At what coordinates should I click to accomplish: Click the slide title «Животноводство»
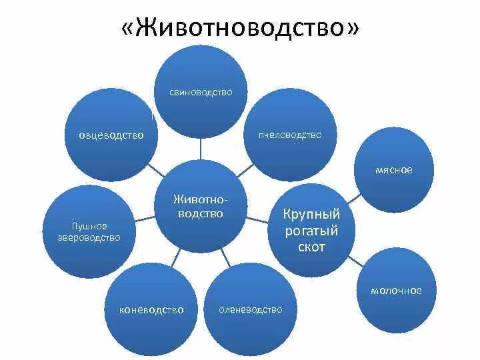click(240, 30)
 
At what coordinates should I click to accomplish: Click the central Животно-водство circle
click(199, 207)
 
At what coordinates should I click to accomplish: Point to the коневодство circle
click(151, 309)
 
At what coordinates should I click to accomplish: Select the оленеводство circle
click(250, 309)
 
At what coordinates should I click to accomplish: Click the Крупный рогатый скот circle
click(311, 230)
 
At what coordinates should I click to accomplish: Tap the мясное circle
click(393, 170)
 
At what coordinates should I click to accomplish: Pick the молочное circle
click(396, 291)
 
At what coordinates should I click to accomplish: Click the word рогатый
click(311, 231)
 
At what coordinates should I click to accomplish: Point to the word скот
click(311, 247)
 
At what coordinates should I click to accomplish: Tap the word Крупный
click(311, 215)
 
